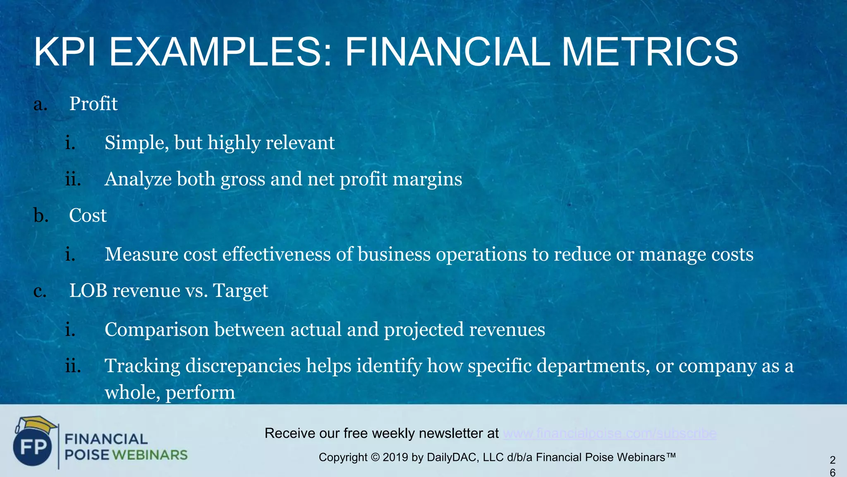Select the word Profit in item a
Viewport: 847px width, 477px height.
[x=93, y=104]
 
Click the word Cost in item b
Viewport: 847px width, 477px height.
[x=88, y=215]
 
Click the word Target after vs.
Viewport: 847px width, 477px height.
[x=240, y=291]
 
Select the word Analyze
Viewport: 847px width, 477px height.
[x=138, y=179]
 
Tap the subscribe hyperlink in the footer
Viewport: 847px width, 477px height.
[x=610, y=434]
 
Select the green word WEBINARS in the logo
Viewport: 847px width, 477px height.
[x=150, y=455]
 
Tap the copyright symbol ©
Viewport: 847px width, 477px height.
[x=375, y=458]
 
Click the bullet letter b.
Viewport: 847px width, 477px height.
[x=41, y=215]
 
